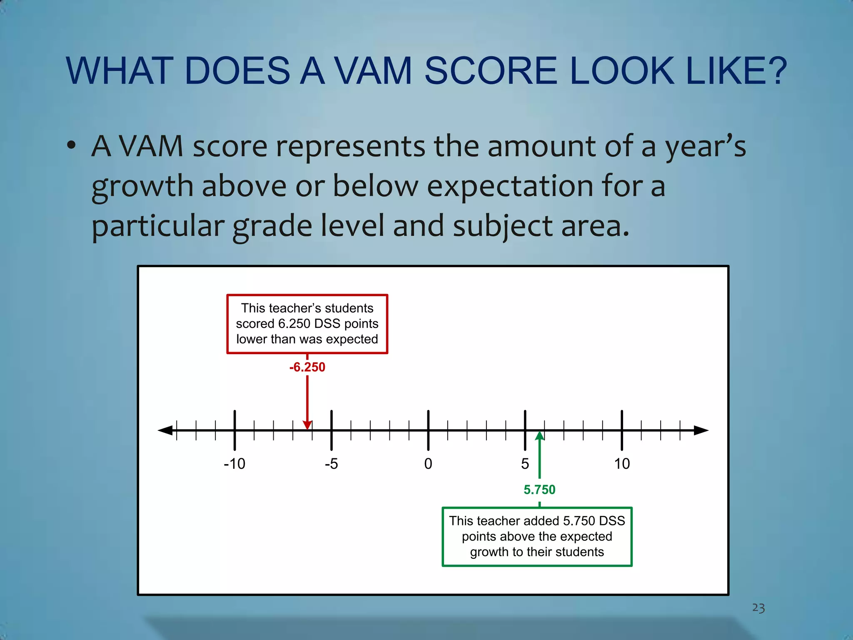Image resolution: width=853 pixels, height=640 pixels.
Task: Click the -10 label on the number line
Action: pos(234,464)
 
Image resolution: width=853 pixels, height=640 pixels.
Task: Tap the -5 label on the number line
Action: pos(332,464)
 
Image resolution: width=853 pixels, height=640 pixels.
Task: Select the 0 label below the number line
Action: pos(428,464)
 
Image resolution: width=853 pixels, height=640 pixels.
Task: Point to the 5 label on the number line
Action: pos(525,464)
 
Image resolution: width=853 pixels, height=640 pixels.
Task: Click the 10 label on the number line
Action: pos(622,464)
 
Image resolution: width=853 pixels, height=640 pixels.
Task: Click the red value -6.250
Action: pos(307,367)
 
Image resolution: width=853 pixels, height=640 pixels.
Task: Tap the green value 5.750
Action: pos(539,490)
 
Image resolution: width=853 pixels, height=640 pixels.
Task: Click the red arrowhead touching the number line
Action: pos(307,425)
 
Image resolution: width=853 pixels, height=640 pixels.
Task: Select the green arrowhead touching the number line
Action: pos(540,436)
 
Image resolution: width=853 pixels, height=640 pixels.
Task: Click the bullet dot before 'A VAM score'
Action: pos(72,146)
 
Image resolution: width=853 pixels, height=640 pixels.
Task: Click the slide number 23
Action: pos(758,608)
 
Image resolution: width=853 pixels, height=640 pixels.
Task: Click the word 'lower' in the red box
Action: pos(252,339)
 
